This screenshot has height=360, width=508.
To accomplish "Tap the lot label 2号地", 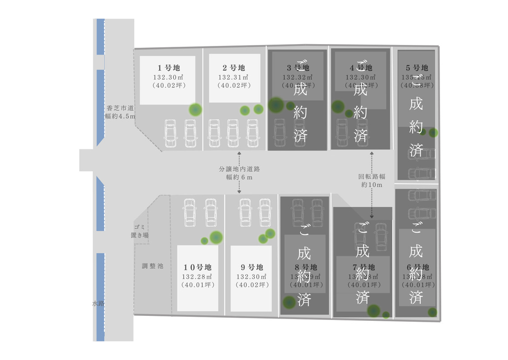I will point(234,68).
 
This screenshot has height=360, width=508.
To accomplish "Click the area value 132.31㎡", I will point(234,77).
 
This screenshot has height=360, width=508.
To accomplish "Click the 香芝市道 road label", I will point(120,108).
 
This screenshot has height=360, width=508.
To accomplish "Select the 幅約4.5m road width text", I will point(120,116).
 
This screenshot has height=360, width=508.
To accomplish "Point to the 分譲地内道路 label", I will point(239,169).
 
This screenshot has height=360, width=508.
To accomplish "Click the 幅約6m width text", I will point(239,177).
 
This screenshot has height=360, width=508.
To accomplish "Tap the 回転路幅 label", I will point(372,177).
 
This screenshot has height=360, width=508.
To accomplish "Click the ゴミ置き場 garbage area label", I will point(140,231).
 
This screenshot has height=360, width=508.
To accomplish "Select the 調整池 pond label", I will point(153,266).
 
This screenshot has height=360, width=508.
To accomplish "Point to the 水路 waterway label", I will point(98,304).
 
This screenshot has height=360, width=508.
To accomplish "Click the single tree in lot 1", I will point(195,109).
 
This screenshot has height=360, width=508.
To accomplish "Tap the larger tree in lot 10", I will point(216,237).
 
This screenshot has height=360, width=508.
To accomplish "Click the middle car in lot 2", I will point(232,133).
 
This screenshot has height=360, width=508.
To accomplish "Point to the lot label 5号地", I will point(417,68).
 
